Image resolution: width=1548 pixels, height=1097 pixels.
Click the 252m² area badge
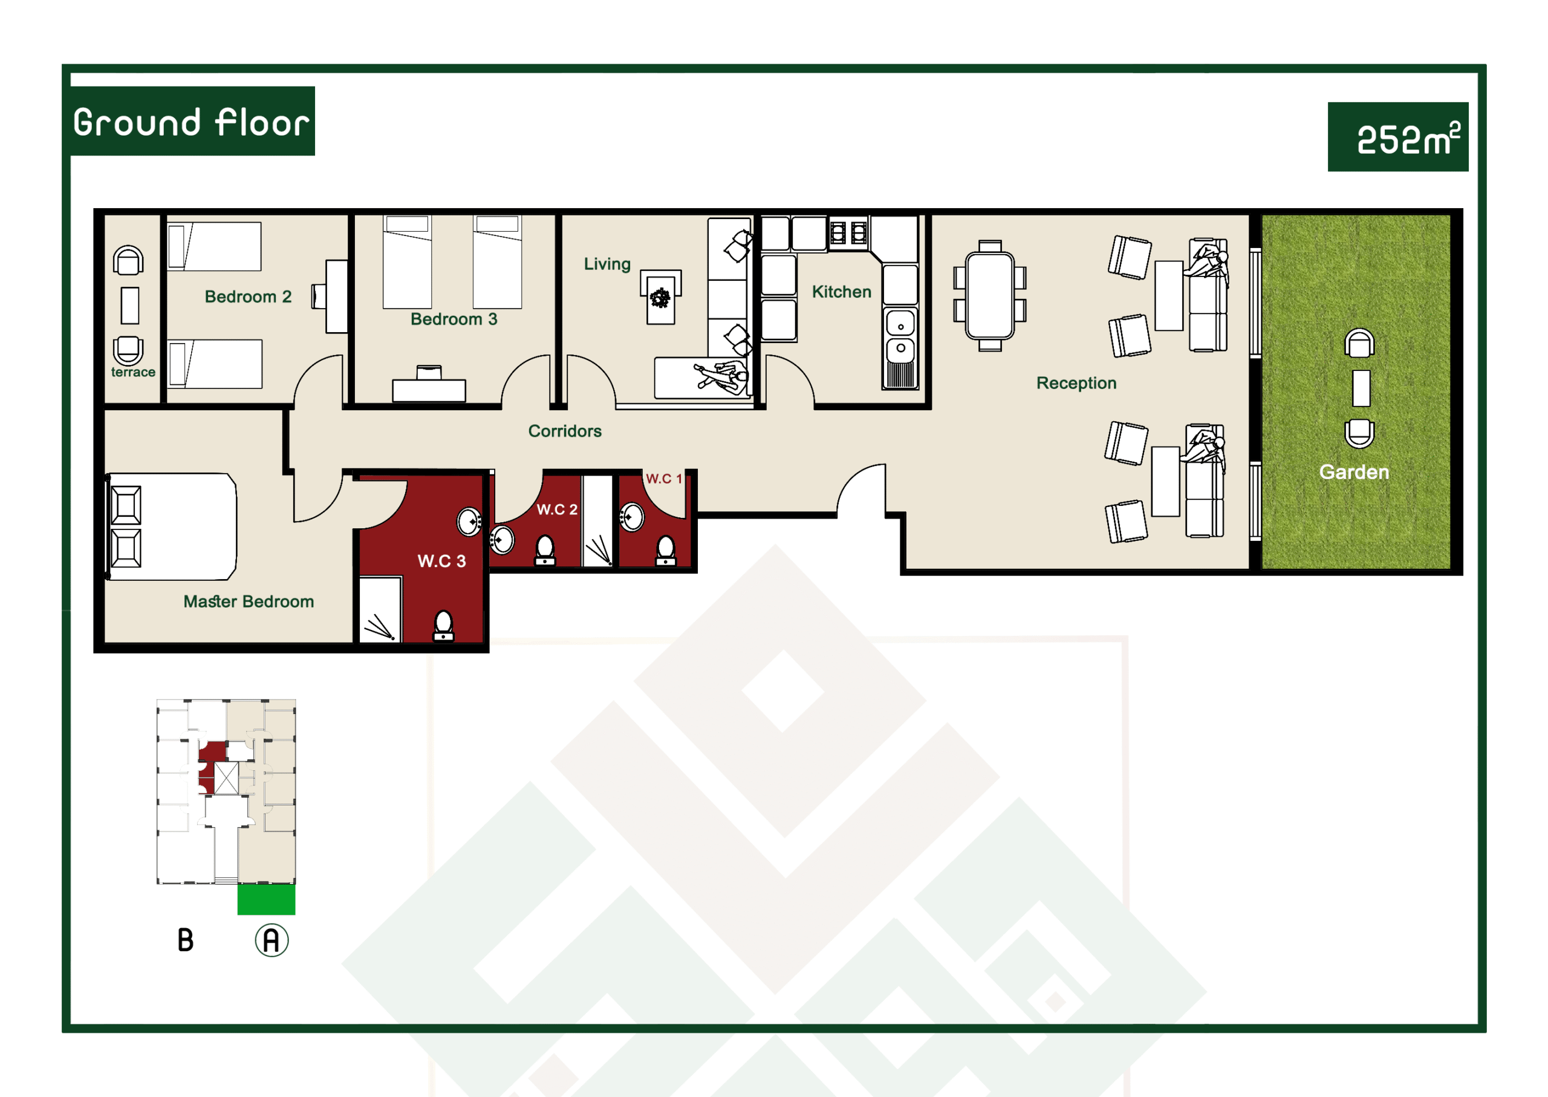point(1397,137)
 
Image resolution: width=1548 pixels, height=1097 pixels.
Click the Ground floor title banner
point(192,121)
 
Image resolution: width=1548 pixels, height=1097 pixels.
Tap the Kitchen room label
point(841,292)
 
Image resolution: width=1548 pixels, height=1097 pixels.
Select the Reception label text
point(1076,383)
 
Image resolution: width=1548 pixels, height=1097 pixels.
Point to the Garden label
point(1353,471)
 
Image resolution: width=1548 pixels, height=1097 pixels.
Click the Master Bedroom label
point(249,601)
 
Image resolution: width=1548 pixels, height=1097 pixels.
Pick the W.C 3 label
point(441,561)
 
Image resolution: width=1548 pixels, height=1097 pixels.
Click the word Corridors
point(564,431)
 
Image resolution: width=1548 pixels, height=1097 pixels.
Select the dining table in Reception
point(990,295)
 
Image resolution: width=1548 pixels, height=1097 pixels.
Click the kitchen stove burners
point(848,232)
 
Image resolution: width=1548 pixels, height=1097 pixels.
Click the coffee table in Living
point(660,297)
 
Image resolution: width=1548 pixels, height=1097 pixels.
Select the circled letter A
point(272,940)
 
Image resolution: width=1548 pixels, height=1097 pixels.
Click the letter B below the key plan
point(185,940)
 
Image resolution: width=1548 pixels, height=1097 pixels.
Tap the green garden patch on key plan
point(266,899)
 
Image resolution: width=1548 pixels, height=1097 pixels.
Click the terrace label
point(133,372)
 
